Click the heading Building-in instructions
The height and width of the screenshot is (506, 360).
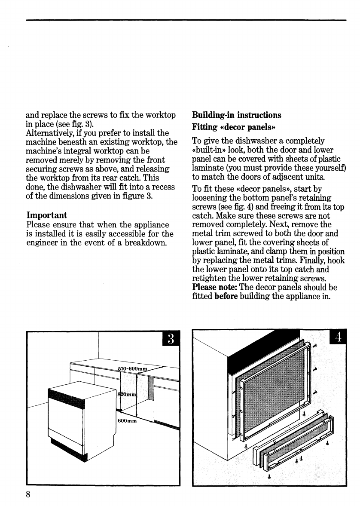pos(236,115)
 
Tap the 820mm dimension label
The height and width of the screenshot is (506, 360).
pos(127,394)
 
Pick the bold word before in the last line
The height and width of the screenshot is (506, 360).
pos(226,296)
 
